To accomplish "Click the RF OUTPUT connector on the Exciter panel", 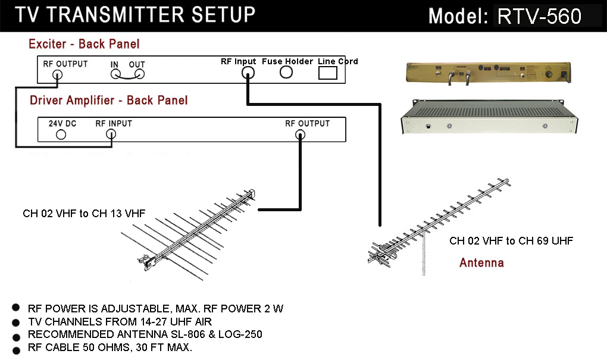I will (x=57, y=75).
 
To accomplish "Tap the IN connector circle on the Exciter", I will (x=115, y=74).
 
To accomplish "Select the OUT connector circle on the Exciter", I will (x=140, y=74).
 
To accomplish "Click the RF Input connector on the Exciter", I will (x=248, y=73).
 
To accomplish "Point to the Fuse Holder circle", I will (x=286, y=72).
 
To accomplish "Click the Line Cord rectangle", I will (x=328, y=73).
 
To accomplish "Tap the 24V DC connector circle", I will (x=60, y=134).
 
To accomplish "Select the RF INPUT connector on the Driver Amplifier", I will (x=111, y=134).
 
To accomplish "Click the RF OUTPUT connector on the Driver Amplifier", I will (x=301, y=134).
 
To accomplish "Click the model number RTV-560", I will (x=539, y=16).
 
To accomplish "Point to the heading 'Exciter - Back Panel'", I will (x=84, y=44).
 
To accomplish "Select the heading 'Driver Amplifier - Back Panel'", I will (x=108, y=100).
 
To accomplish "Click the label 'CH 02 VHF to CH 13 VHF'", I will (x=84, y=213).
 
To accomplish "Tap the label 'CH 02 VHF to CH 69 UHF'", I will (x=511, y=241).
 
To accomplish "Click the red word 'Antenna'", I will (x=481, y=262).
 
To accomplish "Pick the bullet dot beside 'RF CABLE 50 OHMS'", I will (x=16, y=349).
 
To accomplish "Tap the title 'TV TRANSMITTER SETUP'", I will (x=135, y=15).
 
